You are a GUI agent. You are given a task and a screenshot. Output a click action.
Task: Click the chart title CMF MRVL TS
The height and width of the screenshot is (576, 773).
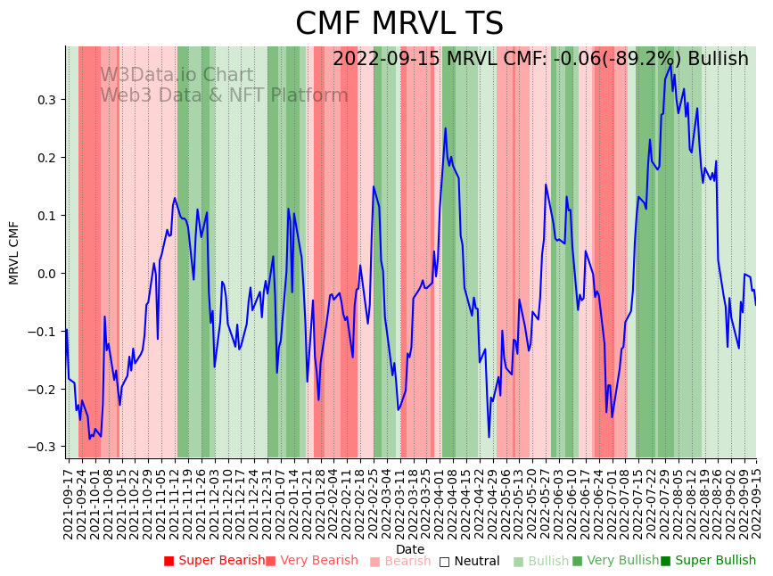(399, 24)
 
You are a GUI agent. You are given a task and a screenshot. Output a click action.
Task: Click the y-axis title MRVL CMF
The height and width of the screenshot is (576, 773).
(14, 252)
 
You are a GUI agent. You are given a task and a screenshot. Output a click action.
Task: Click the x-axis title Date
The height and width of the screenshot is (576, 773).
(410, 549)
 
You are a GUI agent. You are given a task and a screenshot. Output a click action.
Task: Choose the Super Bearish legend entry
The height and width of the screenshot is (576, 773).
(215, 561)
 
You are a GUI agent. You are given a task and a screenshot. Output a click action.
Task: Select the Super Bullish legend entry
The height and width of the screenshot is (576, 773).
(709, 561)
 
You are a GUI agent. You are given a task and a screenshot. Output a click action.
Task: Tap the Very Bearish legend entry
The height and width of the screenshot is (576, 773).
(312, 561)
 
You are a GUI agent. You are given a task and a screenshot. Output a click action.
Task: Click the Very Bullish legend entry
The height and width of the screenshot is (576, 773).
(615, 561)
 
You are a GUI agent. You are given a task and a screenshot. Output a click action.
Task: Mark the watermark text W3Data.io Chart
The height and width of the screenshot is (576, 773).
(177, 76)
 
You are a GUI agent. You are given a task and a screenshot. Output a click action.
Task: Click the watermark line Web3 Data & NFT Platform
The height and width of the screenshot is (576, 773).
(224, 95)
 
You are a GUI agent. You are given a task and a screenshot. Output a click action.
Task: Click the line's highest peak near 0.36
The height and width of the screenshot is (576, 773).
(670, 64)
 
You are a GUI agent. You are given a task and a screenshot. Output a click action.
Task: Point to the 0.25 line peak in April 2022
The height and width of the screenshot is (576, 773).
(446, 128)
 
